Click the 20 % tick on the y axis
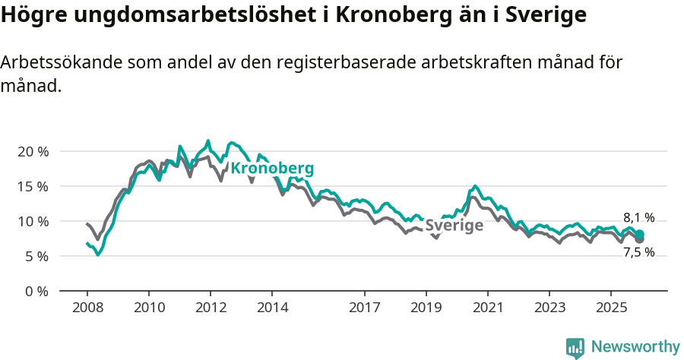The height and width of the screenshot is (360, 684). [32, 151]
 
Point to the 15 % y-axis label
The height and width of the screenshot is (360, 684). [32, 186]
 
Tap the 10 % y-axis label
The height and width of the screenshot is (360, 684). [32, 221]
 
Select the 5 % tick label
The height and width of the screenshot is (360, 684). [36, 256]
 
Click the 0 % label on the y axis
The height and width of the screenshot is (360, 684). [36, 291]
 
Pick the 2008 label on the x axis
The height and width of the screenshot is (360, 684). [87, 308]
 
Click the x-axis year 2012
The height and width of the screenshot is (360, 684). [211, 308]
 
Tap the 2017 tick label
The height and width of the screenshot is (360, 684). [365, 308]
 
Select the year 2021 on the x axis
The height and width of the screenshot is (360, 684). [488, 308]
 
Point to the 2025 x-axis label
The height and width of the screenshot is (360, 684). [611, 308]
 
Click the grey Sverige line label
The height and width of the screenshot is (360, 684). [454, 226]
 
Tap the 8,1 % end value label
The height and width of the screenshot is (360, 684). [638, 217]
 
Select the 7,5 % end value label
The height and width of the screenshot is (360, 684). [638, 252]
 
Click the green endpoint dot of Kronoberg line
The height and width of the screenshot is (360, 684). [640, 235]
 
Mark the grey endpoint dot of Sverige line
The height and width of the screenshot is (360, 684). [640, 239]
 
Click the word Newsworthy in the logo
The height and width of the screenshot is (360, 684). [635, 347]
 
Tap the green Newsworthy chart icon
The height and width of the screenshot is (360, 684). [575, 348]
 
